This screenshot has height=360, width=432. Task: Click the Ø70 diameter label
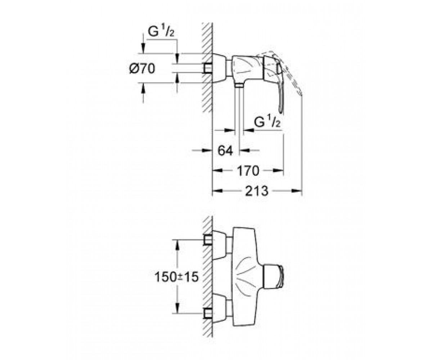click(x=142, y=68)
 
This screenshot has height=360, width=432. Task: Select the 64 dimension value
click(x=225, y=151)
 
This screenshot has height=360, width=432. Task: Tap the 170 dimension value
click(x=248, y=171)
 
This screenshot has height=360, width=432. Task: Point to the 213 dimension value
click(x=257, y=191)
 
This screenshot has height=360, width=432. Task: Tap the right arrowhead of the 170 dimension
click(x=278, y=171)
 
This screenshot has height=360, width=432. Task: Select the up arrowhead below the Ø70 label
click(x=143, y=88)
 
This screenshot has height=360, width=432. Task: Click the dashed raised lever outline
click(x=288, y=70)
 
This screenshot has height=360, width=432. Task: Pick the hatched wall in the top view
click(x=207, y=67)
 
